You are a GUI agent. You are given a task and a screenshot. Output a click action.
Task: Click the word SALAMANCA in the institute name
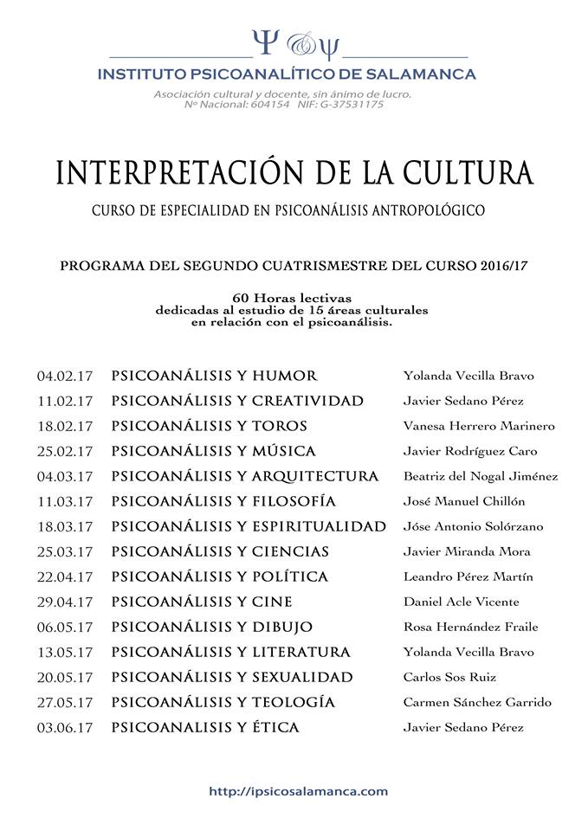[423, 74]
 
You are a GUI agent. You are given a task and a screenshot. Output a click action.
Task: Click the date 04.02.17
[64, 377]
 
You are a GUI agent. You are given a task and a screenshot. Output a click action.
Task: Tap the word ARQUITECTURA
[315, 476]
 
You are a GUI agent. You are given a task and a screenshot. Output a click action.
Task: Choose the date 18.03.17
[64, 526]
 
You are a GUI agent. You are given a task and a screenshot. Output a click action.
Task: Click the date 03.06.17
[64, 728]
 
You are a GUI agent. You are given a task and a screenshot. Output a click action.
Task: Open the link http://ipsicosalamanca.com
[299, 790]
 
